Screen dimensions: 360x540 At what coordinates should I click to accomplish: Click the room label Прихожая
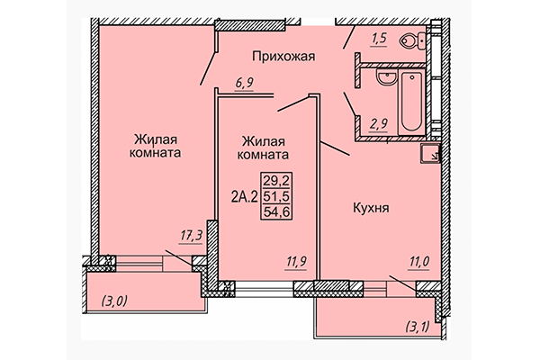click(x=283, y=56)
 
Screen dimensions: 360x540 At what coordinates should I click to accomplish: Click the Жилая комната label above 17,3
click(x=156, y=146)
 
